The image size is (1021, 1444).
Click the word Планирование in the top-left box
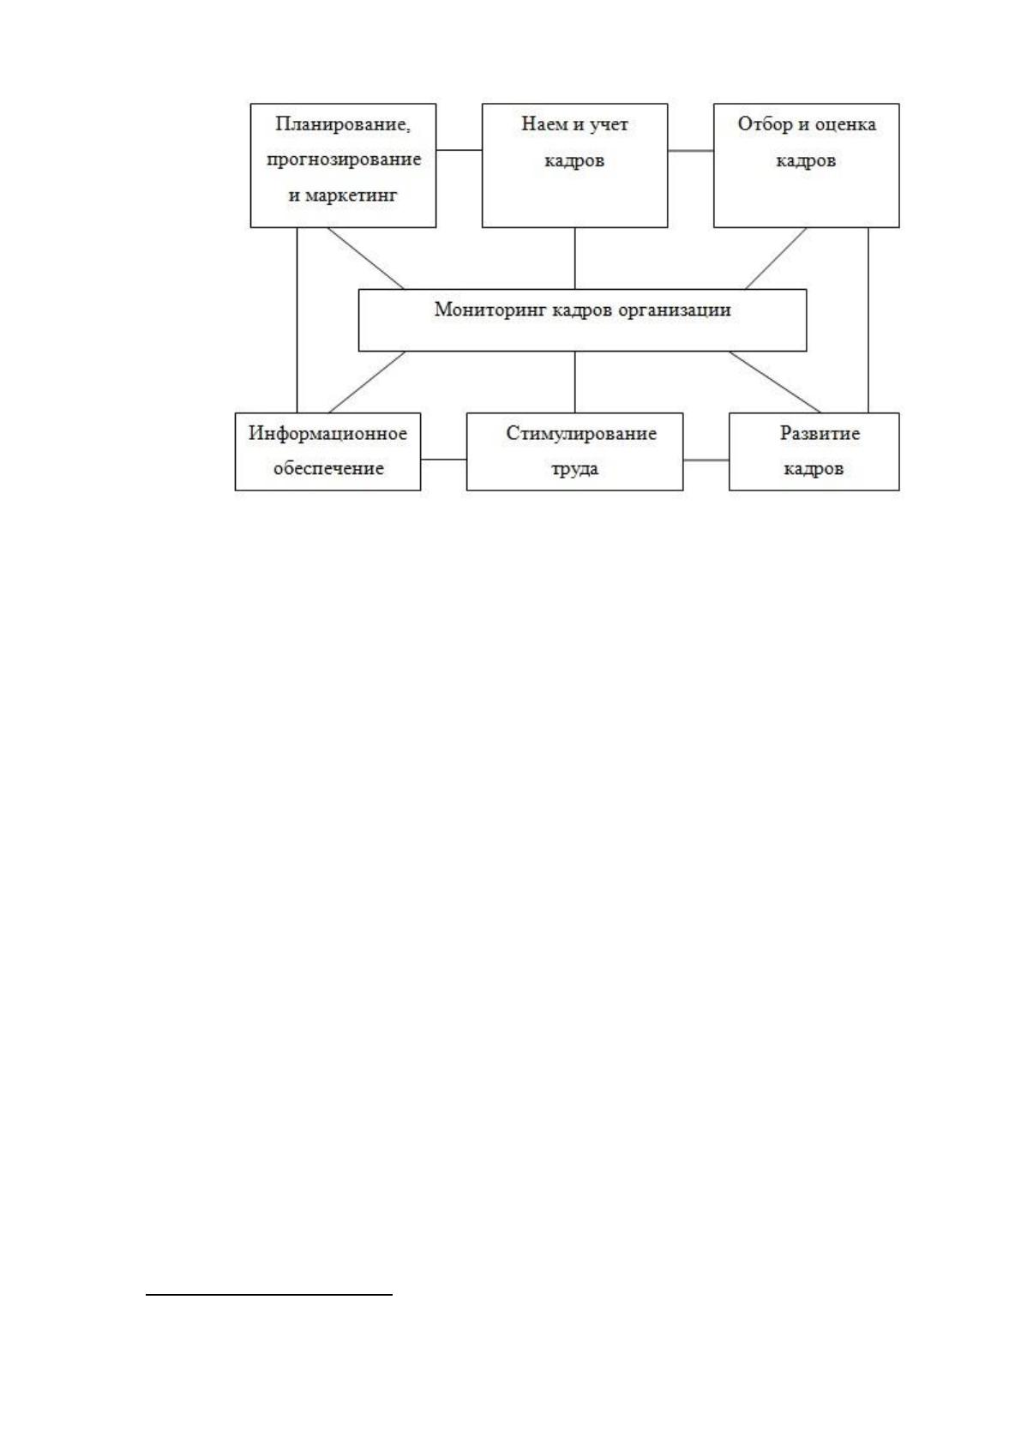pos(343,123)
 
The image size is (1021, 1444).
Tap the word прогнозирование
pos(344,159)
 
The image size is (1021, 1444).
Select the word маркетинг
pos(351,196)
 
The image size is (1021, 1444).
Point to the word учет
pos(609,123)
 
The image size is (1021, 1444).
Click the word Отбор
pos(765,123)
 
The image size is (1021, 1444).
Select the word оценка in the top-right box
pos(845,123)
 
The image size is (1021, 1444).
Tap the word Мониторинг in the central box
pos(491,310)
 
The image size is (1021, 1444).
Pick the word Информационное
pos(328,433)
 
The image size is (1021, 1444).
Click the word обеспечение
pos(328,468)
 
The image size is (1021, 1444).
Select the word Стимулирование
pos(581,433)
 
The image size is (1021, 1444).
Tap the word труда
pos(575,469)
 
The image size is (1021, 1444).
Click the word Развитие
pos(820,433)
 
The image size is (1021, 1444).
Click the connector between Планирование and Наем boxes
pos(459,150)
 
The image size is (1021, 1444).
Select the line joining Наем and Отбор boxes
pos(690,151)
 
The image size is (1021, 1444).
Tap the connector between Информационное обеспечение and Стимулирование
pos(443,460)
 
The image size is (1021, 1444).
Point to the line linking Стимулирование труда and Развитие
pos(706,460)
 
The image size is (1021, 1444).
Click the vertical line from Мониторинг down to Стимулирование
pos(575,382)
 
